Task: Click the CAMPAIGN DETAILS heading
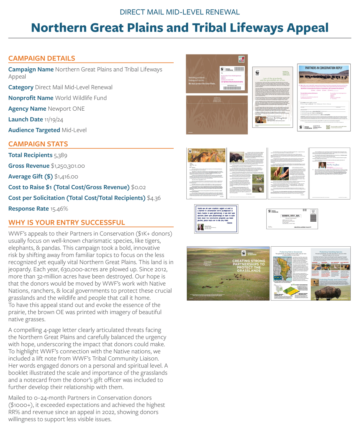42,58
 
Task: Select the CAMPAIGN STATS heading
38,144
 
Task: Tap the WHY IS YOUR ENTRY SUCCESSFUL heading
67,223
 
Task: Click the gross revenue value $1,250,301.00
68,166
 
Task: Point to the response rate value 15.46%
59,209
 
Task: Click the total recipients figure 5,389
60,155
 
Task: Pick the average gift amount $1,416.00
66,177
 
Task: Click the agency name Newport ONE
66,109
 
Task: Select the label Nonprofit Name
31,98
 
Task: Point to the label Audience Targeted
34,130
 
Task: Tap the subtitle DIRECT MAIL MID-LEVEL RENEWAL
180,12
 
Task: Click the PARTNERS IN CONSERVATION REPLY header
324,68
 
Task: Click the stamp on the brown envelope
241,59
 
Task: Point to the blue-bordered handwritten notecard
216,219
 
